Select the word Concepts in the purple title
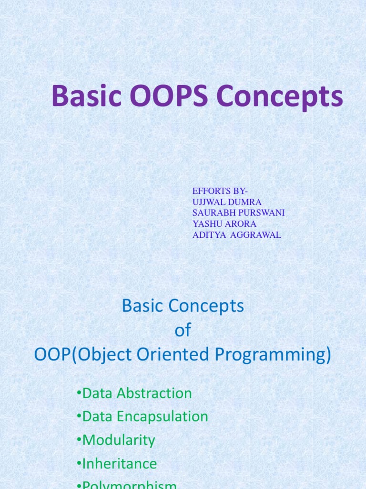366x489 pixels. point(279,97)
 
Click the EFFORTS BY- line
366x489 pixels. point(220,191)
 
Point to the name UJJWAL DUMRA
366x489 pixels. point(227,202)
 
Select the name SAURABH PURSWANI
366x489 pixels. point(238,213)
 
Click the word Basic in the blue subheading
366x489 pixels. point(142,306)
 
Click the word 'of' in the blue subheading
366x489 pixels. point(183,331)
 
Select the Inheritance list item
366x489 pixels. point(120,464)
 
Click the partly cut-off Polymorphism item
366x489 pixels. point(129,485)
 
